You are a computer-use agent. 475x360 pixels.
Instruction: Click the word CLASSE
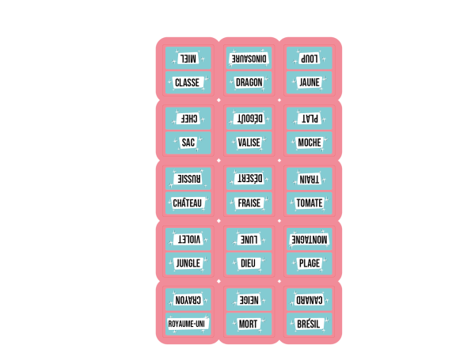pos(187,82)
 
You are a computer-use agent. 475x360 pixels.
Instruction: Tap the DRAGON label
pos(249,82)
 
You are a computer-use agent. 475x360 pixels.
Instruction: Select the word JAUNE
pos(310,82)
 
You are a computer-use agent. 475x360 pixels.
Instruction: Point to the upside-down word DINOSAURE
pos(249,59)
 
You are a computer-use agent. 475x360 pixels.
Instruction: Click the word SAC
pos(188,142)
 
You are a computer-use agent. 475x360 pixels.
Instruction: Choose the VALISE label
pos(249,142)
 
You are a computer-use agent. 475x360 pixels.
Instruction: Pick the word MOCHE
pos(310,142)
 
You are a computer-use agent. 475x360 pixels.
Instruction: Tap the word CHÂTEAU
pos(187,203)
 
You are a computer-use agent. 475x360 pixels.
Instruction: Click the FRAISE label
pos(249,203)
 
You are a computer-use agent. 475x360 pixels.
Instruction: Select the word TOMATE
pos(310,203)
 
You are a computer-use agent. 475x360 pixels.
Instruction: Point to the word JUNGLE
pos(188,263)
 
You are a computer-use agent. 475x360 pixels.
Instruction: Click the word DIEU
pos(248,263)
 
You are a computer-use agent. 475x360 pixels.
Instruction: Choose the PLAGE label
pos(310,263)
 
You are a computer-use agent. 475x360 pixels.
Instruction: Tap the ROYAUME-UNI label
pos(186,324)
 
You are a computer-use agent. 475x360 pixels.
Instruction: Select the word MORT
pos(248,324)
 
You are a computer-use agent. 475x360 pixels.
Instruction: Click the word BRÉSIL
pos(309,324)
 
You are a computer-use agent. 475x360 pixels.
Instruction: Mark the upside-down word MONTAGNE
pos(310,240)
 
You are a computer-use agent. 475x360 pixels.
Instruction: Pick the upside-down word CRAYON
pos(188,300)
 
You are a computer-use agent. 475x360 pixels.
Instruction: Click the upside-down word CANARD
pos(310,300)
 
